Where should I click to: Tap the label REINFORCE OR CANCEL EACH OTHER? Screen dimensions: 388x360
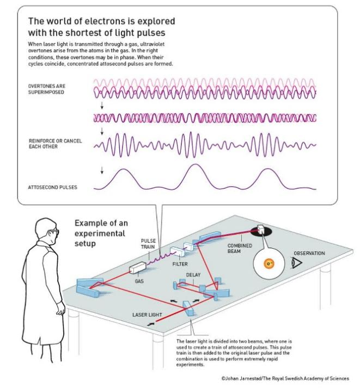click(x=55, y=144)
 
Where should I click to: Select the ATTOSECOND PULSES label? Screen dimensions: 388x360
click(x=52, y=187)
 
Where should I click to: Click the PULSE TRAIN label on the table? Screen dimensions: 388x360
click(x=149, y=243)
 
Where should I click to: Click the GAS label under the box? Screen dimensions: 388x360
click(x=139, y=282)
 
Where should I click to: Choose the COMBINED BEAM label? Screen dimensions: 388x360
click(x=240, y=248)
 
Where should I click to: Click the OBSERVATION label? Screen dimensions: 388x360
click(x=309, y=253)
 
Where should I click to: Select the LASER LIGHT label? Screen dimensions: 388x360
click(x=147, y=315)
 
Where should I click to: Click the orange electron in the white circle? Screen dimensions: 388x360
click(x=268, y=264)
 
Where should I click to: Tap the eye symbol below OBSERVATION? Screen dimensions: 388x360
click(x=297, y=263)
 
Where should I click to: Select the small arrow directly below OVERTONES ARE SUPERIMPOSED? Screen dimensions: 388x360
click(x=102, y=103)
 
